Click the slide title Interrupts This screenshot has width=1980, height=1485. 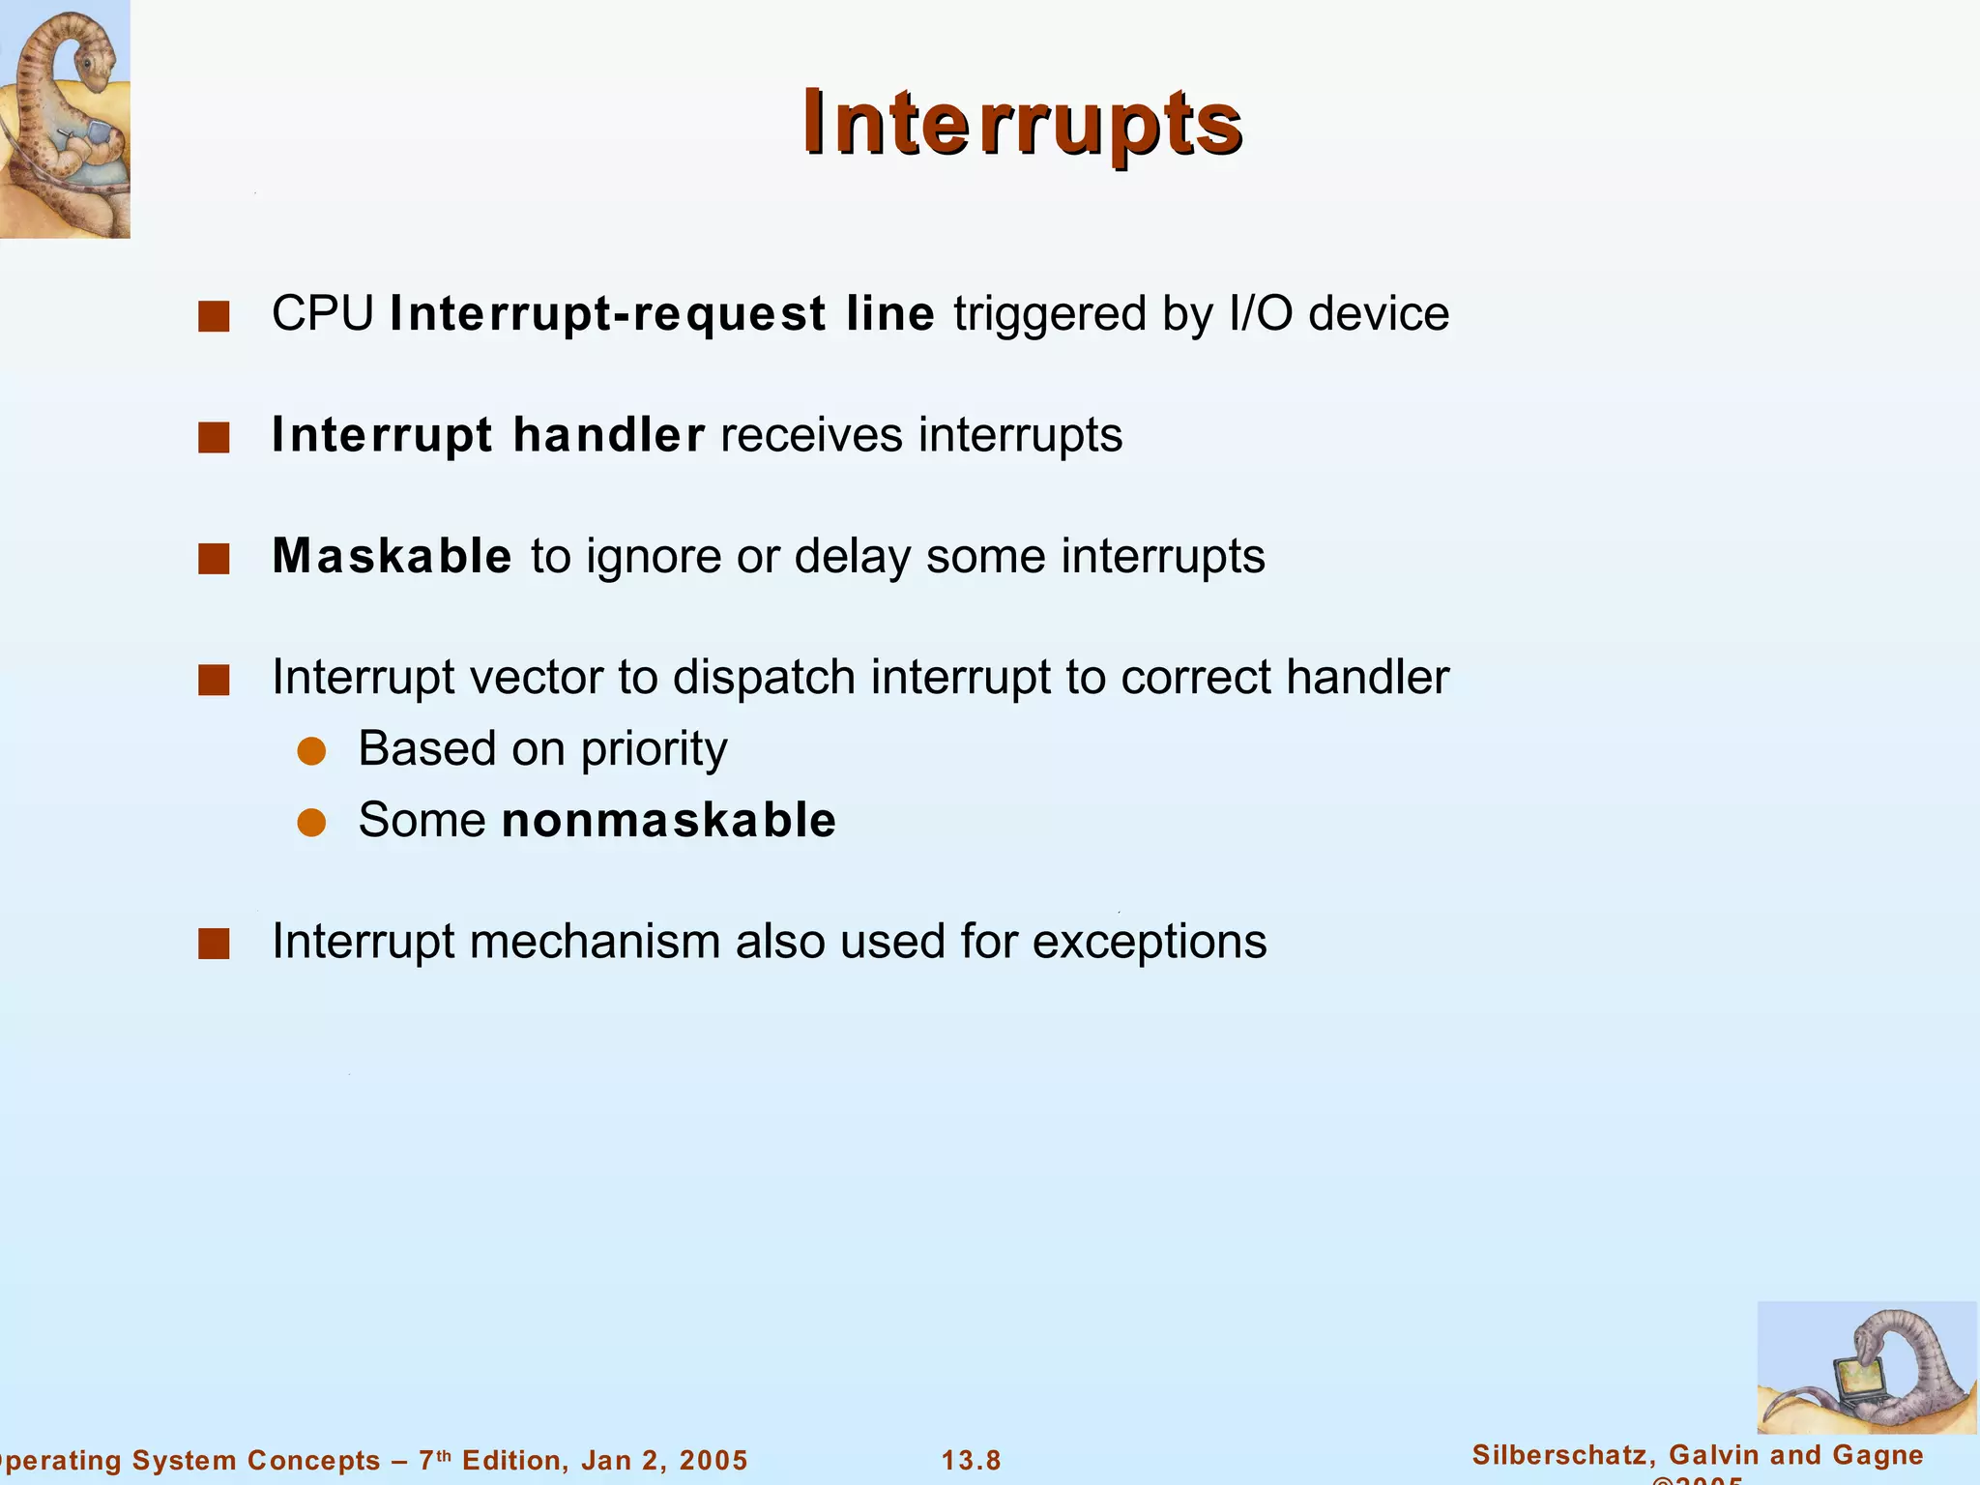pos(1022,123)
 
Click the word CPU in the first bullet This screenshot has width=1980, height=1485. pos(323,314)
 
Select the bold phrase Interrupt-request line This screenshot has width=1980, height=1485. pos(662,314)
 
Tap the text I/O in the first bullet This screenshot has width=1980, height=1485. pos(1260,314)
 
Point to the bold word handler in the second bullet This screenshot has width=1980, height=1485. pos(608,435)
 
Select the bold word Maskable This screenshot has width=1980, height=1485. pos(392,556)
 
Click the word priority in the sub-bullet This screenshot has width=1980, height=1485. pos(654,749)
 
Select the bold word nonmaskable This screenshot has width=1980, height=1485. pos(669,821)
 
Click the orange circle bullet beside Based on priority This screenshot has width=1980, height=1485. pos(311,751)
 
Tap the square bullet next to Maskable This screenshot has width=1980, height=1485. pos(214,559)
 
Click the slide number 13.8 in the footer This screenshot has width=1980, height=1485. pos(971,1460)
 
